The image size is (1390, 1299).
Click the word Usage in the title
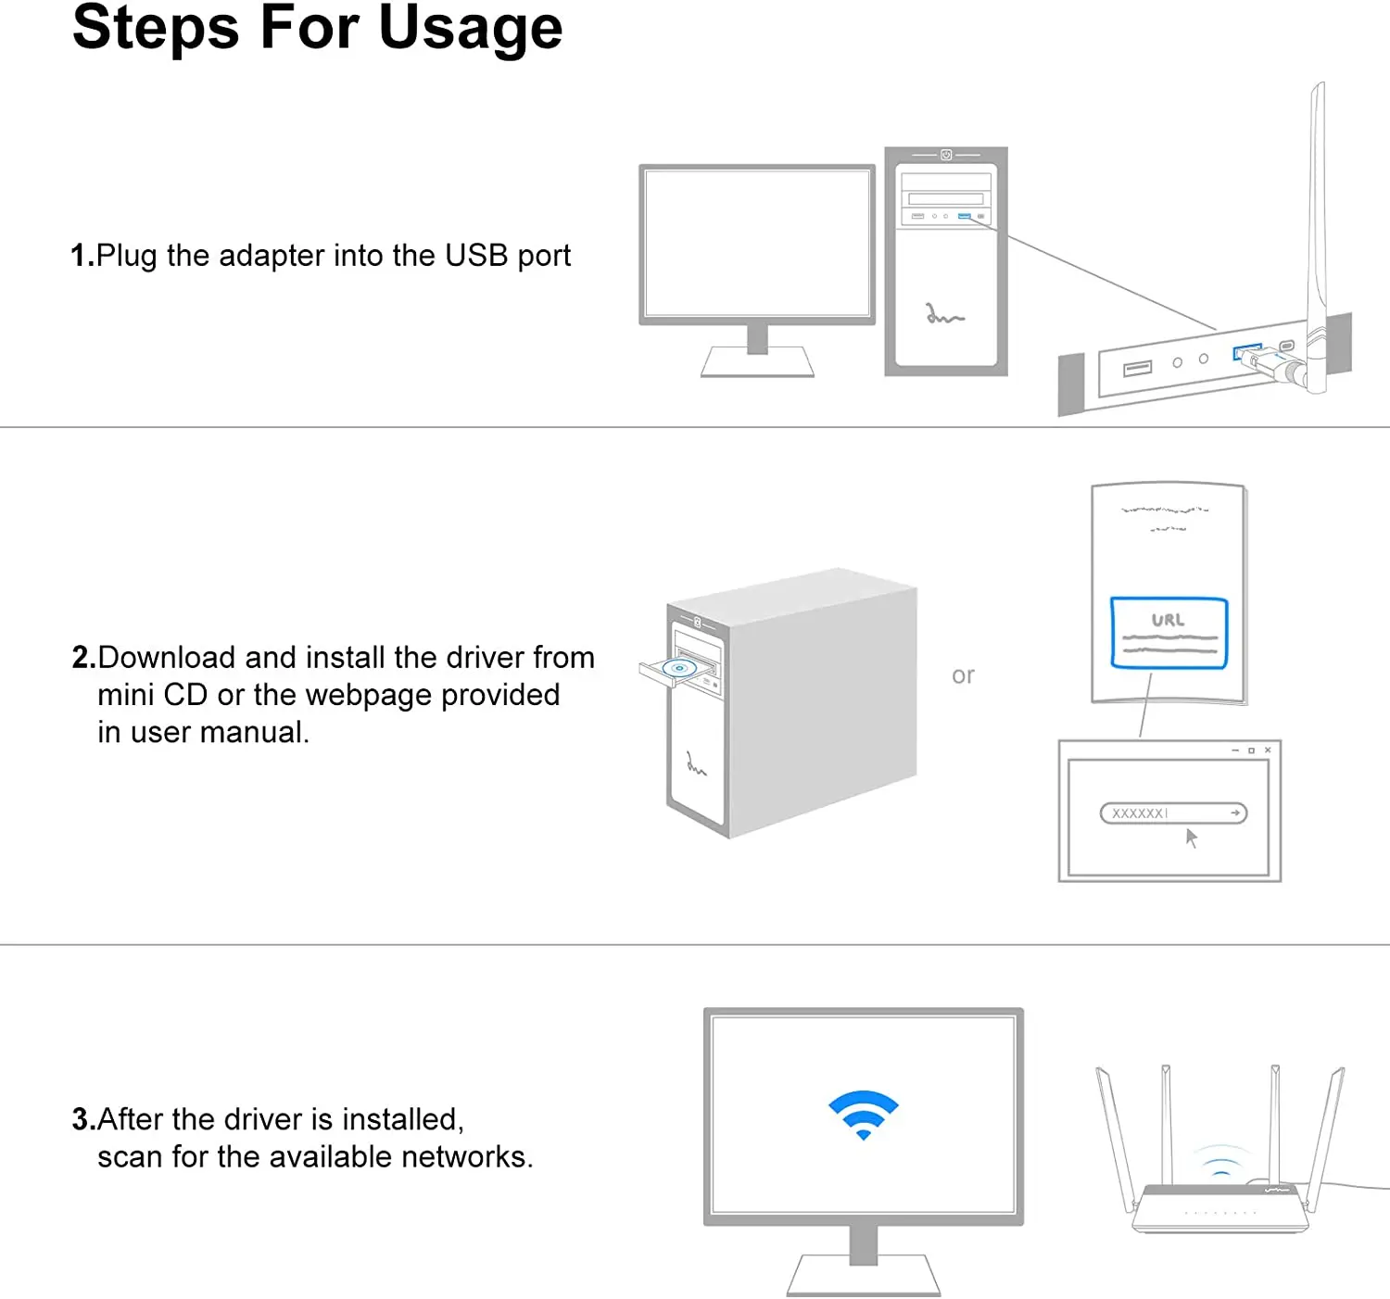[470, 28]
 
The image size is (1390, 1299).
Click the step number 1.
[79, 256]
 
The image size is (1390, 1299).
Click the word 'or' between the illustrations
[963, 675]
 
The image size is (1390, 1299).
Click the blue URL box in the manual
[1169, 633]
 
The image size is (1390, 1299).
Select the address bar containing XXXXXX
[1172, 813]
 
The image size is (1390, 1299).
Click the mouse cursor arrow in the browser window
[1192, 838]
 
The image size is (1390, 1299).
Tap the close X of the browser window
[1268, 750]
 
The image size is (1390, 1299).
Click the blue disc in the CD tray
[679, 667]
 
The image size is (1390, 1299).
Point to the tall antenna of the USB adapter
[1317, 213]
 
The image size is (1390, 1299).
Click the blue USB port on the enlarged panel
[1245, 352]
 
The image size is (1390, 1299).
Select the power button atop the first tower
[946, 155]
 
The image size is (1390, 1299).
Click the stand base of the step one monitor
[757, 362]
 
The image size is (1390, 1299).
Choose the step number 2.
[82, 658]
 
